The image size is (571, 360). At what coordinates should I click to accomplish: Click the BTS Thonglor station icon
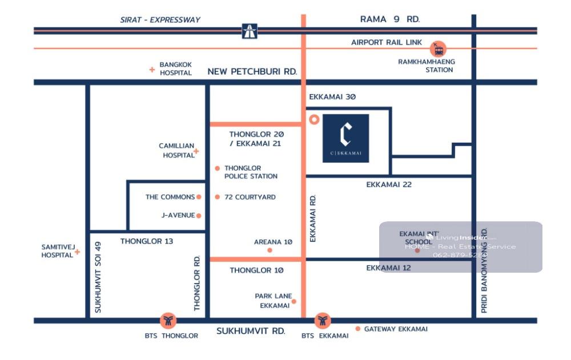point(168,321)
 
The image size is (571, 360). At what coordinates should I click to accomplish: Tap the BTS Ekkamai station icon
point(323,321)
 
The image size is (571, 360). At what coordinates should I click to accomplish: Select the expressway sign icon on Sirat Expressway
point(250,31)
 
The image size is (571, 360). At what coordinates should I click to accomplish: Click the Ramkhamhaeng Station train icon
point(439,48)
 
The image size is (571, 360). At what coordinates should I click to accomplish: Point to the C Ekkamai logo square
point(345,138)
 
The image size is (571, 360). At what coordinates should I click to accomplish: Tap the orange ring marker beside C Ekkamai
point(313,120)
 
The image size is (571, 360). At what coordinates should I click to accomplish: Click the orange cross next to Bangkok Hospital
point(152,70)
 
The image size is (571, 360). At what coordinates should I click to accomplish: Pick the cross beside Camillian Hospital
point(196,151)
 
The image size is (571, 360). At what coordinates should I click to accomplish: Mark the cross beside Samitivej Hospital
point(77,252)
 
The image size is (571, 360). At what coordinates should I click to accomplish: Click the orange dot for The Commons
point(199,197)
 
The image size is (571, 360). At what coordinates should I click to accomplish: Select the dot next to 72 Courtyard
point(218,197)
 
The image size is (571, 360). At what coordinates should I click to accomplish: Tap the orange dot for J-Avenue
point(199,215)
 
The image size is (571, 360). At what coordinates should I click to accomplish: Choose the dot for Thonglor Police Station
point(218,168)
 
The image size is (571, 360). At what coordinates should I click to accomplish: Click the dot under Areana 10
point(270,250)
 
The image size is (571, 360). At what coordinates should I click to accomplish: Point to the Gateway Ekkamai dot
point(358,329)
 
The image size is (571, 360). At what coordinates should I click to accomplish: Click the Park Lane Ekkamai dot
point(294,301)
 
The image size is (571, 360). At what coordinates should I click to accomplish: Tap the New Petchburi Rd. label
point(252,71)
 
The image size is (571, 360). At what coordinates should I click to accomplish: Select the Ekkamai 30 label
point(332,97)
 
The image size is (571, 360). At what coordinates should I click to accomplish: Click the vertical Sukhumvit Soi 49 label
point(98,277)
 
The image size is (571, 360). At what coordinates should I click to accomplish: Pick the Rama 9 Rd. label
point(389,19)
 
